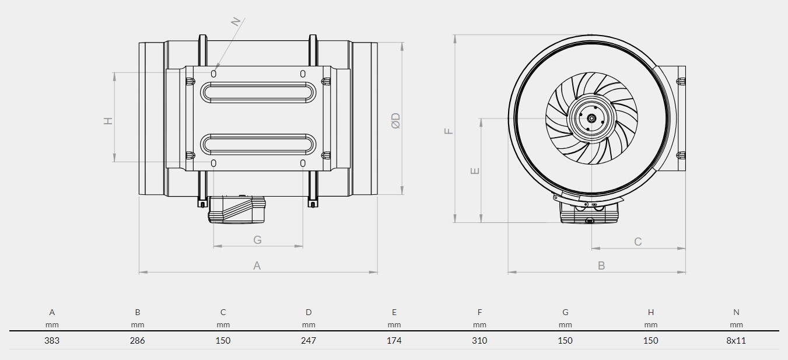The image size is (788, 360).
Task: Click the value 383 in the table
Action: click(52, 341)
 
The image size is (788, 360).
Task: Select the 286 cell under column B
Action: click(137, 341)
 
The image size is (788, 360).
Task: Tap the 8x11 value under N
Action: click(736, 341)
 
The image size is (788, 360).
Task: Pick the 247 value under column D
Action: click(309, 341)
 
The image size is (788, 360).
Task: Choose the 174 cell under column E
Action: click(394, 341)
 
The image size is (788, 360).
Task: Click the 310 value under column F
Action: click(479, 341)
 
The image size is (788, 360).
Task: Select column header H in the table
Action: click(651, 312)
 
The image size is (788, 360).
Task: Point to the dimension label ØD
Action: click(396, 121)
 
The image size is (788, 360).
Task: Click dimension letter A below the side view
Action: click(257, 265)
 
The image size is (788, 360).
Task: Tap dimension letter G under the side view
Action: click(257, 240)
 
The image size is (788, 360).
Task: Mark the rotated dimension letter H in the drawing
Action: click(108, 121)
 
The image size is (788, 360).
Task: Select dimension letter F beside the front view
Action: click(449, 131)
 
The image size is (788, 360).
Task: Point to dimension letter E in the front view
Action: click(475, 171)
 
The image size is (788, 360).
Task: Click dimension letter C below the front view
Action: click(638, 242)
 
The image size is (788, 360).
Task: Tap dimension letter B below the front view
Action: click(601, 265)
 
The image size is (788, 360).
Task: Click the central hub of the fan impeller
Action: click(591, 118)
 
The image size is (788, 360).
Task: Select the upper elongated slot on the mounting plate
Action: click(258, 93)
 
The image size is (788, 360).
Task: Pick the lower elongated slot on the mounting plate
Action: click(258, 144)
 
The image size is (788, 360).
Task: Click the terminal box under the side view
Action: click(237, 209)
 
